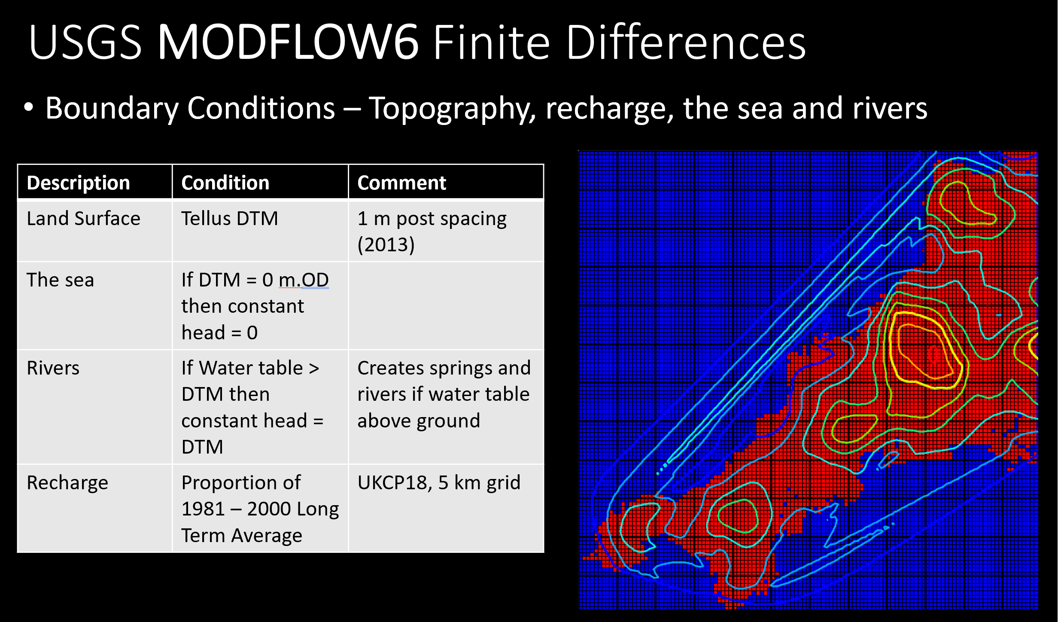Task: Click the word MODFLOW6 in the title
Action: click(x=288, y=42)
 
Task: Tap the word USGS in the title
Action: click(x=85, y=42)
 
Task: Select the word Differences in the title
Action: click(x=686, y=42)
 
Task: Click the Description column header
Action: click(x=78, y=183)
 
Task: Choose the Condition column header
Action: click(x=225, y=183)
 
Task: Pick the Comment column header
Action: click(x=402, y=183)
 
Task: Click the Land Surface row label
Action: click(x=83, y=219)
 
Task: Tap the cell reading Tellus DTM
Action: click(x=230, y=219)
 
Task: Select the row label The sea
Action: click(x=60, y=280)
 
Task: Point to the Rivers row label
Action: click(x=53, y=368)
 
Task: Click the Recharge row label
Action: click(x=67, y=483)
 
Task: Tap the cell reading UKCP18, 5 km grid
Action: click(x=439, y=483)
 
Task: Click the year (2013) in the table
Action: click(x=386, y=245)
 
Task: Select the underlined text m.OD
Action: click(x=304, y=280)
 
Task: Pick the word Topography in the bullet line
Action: click(x=452, y=109)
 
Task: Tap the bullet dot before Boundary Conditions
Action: click(x=29, y=108)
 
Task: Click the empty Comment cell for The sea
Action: click(x=446, y=305)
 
